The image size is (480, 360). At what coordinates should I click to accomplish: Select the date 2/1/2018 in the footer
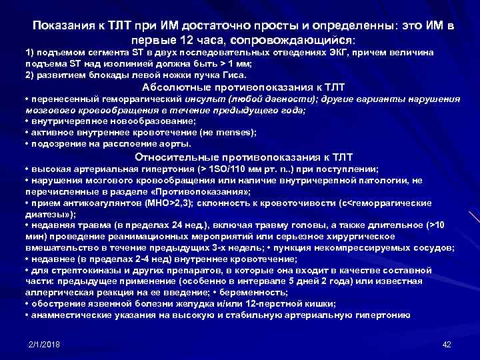coord(44,343)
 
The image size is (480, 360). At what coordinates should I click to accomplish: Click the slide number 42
coord(447,343)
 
